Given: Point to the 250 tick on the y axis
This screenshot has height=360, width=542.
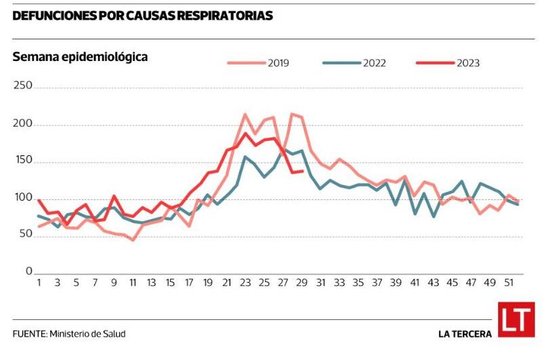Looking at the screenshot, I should (x=23, y=86).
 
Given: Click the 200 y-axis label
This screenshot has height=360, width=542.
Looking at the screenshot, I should (x=23, y=124).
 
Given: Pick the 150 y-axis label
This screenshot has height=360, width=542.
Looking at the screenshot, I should (x=23, y=161).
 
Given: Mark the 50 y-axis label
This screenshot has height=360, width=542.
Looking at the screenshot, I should (x=25, y=235).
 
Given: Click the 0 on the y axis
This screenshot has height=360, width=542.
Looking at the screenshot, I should (x=29, y=271).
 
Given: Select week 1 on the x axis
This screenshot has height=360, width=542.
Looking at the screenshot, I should (x=39, y=283).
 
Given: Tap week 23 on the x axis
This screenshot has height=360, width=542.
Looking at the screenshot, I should (x=245, y=283).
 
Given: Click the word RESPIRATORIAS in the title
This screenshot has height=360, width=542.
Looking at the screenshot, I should (x=224, y=15).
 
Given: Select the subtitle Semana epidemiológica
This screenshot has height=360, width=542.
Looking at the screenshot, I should (x=80, y=58).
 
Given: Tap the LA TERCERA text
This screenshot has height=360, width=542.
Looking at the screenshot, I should (x=465, y=334).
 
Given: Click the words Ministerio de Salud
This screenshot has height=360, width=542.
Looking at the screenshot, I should (x=87, y=334).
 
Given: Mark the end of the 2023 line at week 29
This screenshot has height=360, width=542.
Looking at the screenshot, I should (x=302, y=171).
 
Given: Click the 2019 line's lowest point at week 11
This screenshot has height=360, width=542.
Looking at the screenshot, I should (x=133, y=239).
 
